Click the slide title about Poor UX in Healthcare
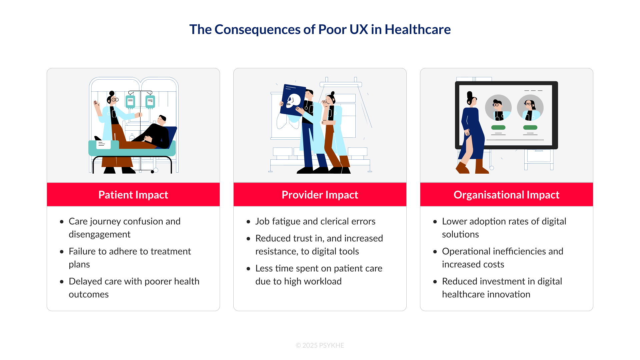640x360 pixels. click(x=320, y=29)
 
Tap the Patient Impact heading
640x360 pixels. click(x=133, y=195)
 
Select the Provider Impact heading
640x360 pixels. click(x=320, y=195)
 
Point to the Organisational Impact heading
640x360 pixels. click(x=506, y=195)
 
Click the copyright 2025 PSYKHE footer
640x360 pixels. click(x=320, y=345)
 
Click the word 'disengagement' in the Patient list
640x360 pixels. click(x=99, y=234)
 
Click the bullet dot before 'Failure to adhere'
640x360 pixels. click(x=62, y=252)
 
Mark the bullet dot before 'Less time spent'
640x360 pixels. click(x=248, y=269)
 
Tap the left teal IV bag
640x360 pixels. click(x=130, y=102)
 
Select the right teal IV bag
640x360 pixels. click(x=150, y=102)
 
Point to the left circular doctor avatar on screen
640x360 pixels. click(x=498, y=108)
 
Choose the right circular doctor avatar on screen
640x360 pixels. click(x=530, y=108)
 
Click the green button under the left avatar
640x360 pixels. click(x=498, y=127)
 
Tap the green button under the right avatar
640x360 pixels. click(x=530, y=127)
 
